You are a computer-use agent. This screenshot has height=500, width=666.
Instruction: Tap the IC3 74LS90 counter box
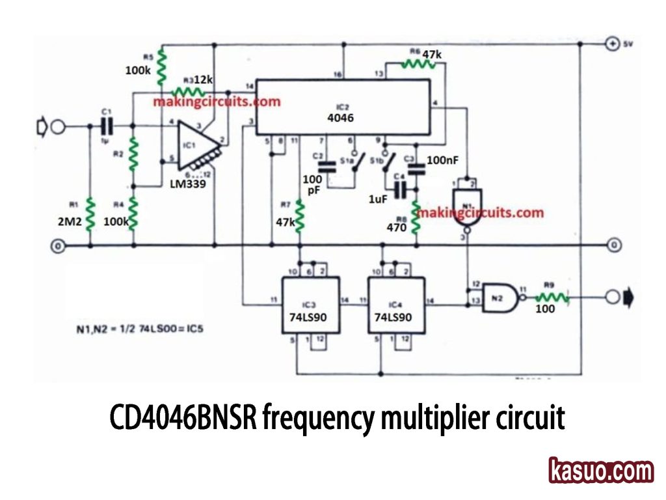click(x=310, y=305)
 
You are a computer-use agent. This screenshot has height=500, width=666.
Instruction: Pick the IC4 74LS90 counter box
click(x=397, y=305)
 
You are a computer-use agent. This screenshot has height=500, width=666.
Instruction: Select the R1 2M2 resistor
click(x=90, y=214)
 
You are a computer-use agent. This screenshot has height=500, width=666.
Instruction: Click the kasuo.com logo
click(x=601, y=471)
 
